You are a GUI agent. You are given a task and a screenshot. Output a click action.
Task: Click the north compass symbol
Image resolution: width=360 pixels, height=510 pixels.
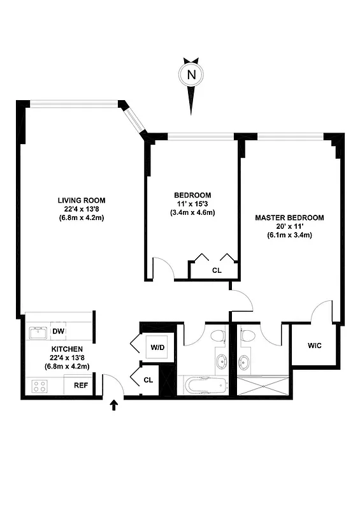191,75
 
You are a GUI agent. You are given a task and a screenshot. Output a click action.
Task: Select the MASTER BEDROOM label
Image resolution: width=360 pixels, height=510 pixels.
289,217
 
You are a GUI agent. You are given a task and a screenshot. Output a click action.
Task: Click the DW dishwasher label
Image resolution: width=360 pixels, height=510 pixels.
58,331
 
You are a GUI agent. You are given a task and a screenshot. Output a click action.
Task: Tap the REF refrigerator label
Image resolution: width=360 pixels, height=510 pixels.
81,385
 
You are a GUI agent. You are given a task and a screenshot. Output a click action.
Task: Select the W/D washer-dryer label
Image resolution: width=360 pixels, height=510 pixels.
157,347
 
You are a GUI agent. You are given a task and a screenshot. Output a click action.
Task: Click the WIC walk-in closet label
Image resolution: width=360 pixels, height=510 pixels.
314,346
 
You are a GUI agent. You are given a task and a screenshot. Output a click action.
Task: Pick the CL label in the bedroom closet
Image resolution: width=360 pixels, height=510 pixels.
217,270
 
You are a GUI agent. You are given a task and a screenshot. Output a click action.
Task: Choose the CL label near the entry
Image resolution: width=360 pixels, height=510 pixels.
148,380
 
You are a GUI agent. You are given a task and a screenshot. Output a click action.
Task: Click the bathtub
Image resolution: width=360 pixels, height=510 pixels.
203,386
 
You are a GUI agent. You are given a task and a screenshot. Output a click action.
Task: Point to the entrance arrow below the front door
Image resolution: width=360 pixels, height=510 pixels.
115,405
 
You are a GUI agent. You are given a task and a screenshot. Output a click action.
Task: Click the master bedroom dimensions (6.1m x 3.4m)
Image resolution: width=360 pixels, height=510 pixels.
289,235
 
